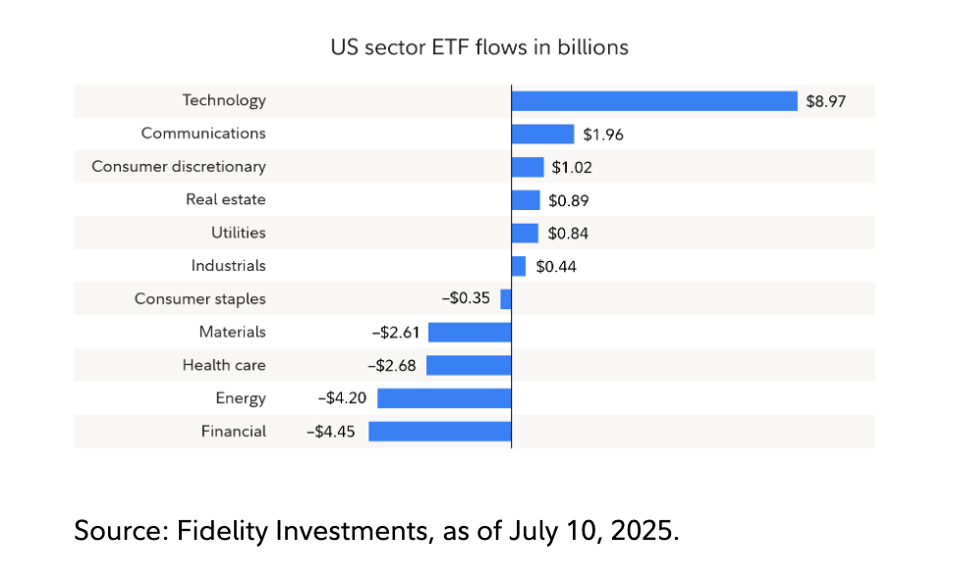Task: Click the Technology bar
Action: point(654,101)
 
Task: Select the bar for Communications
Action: point(542,134)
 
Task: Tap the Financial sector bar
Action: point(440,431)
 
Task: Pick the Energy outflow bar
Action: point(444,398)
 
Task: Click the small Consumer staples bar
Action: point(506,299)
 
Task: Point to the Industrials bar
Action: point(519,266)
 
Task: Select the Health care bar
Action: point(469,365)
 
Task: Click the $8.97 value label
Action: point(826,101)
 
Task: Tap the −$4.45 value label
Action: point(333,431)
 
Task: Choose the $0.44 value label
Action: point(555,266)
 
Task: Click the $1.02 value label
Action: point(572,167)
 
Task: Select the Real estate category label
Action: point(226,200)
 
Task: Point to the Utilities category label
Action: point(238,233)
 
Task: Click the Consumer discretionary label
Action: point(179,167)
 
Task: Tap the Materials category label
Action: point(232,332)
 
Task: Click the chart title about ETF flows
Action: point(479,46)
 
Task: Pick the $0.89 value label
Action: point(569,200)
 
